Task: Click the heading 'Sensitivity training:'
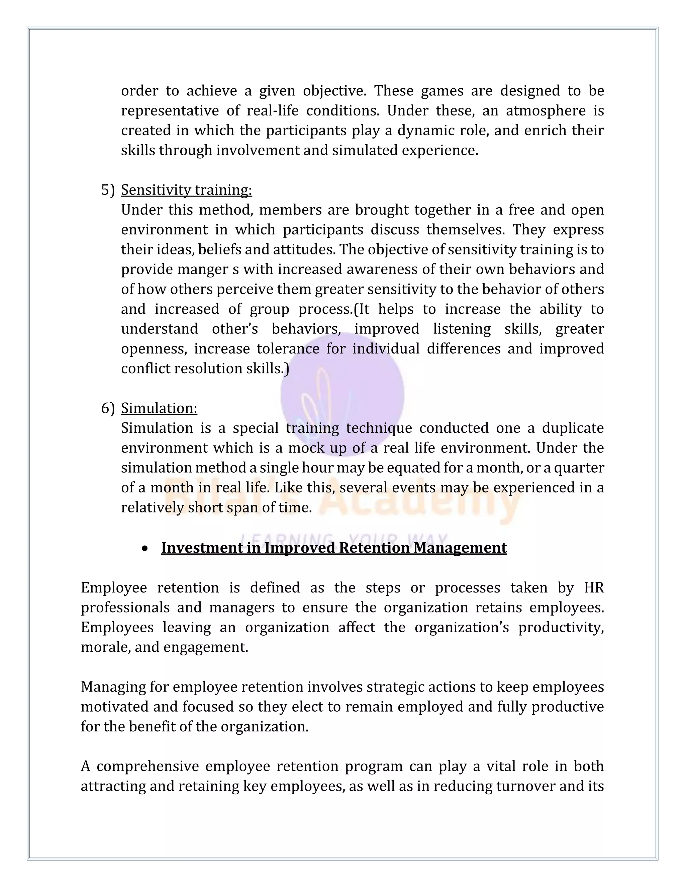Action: pyautogui.click(x=186, y=190)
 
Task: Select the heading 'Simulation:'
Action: pyautogui.click(x=159, y=408)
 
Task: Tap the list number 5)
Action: pyautogui.click(x=108, y=190)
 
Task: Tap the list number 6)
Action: pyautogui.click(x=108, y=408)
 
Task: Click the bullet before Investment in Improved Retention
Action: pyautogui.click(x=145, y=549)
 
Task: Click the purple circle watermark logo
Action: pyautogui.click(x=342, y=394)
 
